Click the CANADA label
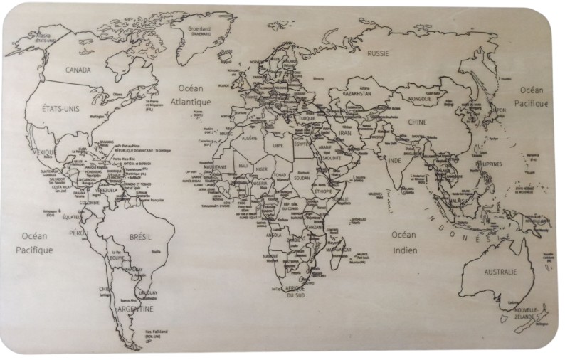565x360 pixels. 78,70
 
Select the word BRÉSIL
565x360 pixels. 142,237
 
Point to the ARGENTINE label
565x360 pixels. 136,310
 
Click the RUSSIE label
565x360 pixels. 378,53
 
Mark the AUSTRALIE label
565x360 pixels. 500,272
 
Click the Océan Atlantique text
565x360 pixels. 190,95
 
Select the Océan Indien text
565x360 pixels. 403,242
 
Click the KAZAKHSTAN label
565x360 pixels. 357,93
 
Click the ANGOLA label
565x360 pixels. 273,234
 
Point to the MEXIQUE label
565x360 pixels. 44,152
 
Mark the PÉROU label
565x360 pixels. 78,233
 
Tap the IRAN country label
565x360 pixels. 344,133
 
